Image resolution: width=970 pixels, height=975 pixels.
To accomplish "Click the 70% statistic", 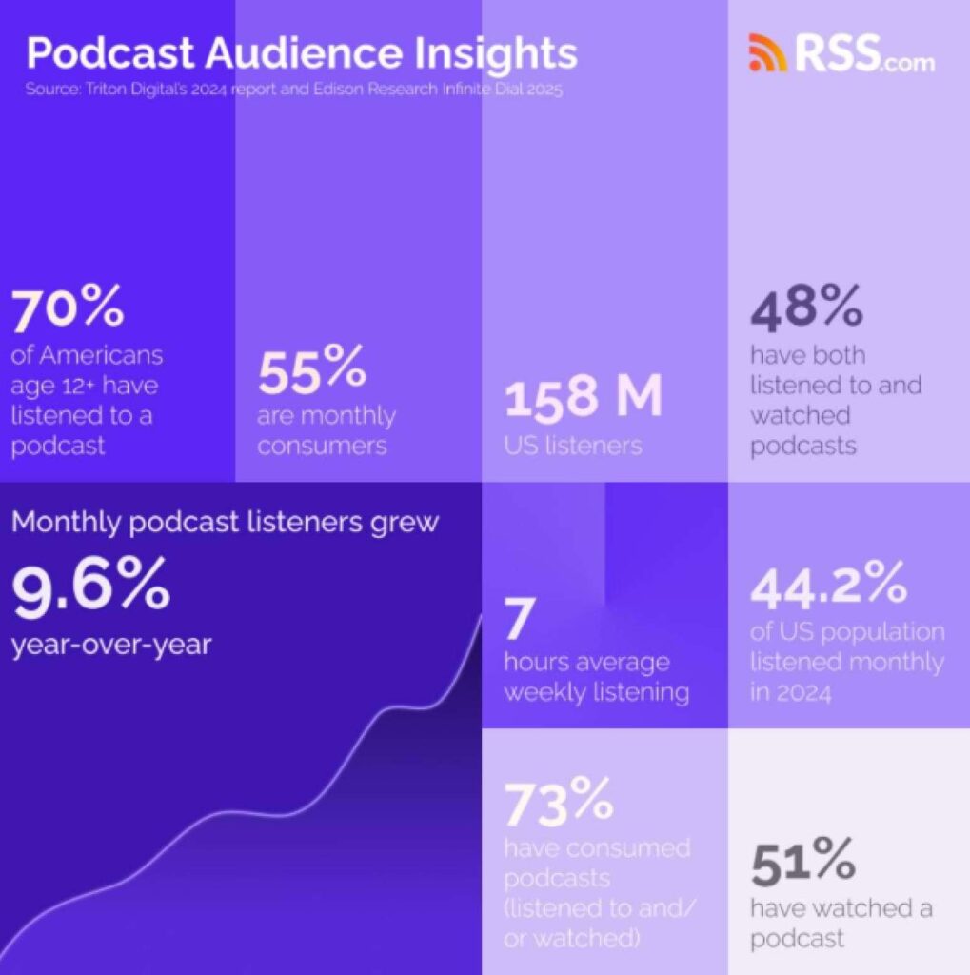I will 67,309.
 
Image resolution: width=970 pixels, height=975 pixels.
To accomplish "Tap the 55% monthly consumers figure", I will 311,373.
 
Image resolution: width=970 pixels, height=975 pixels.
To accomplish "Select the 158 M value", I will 583,398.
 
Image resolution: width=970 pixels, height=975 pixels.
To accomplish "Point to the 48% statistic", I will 807,309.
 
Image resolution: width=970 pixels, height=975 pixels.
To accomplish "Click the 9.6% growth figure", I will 90,587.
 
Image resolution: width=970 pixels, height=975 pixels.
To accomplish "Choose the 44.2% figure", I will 828,587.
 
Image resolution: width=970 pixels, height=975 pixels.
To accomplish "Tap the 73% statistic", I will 558,804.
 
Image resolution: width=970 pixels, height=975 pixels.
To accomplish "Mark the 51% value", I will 802,864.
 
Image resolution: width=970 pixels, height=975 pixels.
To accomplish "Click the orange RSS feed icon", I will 767,53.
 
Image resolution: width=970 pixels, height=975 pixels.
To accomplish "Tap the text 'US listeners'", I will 573,446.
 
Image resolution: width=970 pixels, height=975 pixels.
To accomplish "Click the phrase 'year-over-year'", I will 111,645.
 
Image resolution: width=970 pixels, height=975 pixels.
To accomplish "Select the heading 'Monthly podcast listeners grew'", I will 225,523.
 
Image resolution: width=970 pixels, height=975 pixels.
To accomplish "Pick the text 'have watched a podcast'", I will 841,923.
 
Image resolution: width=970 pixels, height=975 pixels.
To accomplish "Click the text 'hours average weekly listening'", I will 597,676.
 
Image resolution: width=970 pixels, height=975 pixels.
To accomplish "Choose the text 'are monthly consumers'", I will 326,431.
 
